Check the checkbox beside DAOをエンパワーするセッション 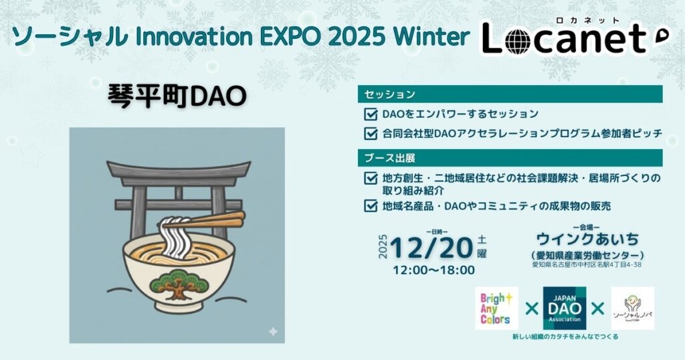(x=371, y=114)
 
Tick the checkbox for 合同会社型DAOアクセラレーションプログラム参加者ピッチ (x=371, y=133)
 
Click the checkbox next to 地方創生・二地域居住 (x=371, y=179)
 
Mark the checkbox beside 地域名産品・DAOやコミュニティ (x=371, y=205)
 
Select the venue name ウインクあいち (x=587, y=238)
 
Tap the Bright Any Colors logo (x=496, y=308)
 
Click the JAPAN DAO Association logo (x=565, y=308)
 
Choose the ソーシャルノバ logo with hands (x=633, y=308)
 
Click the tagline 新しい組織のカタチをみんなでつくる (x=565, y=337)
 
